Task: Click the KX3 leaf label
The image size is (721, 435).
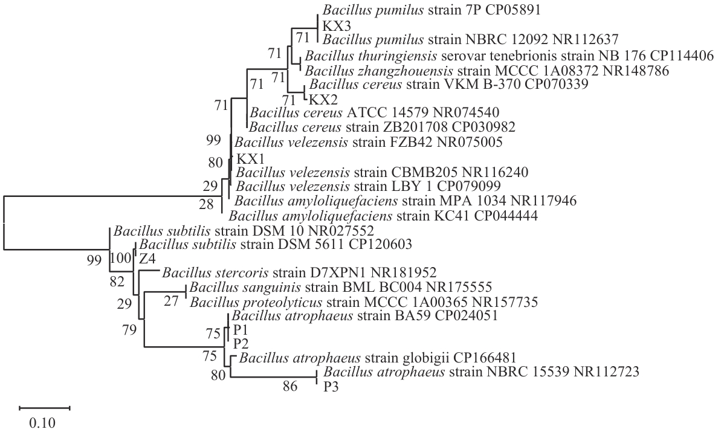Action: (334, 26)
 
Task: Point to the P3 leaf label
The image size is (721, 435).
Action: (331, 387)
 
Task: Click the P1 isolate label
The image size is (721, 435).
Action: (240, 330)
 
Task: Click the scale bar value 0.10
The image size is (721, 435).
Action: (42, 422)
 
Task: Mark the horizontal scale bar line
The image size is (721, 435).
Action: (44, 408)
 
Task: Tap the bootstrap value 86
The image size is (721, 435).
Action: (291, 387)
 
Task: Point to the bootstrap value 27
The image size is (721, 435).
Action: (172, 301)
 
